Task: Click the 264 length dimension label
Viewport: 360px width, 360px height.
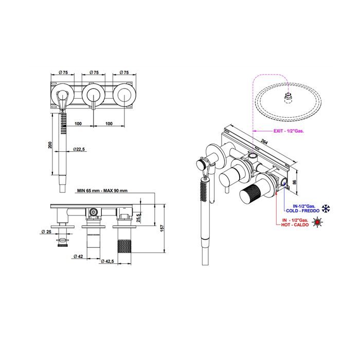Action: (264, 141)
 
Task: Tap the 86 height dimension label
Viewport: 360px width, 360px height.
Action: (295, 182)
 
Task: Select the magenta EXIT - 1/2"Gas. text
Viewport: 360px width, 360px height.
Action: (289, 131)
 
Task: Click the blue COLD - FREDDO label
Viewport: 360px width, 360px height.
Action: (302, 211)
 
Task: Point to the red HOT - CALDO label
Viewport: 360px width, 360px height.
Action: (295, 225)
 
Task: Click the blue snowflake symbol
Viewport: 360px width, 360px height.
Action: (326, 208)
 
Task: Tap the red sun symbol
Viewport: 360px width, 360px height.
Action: (317, 222)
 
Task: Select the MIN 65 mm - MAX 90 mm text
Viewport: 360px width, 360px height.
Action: (102, 191)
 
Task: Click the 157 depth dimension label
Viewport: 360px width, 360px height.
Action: (163, 228)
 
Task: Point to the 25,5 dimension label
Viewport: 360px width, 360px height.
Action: (138, 218)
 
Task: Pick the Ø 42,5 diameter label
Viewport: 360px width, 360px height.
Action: (107, 261)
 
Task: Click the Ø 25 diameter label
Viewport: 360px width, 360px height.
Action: (47, 232)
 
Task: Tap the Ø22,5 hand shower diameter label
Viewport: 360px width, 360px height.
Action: (79, 149)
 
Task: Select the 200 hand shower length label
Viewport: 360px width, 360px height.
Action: (50, 145)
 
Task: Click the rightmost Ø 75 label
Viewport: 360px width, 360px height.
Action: (124, 73)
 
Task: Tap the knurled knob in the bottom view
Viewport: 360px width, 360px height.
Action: (124, 246)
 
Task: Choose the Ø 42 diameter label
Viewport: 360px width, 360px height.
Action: (78, 256)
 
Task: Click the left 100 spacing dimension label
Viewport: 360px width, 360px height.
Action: (78, 123)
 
